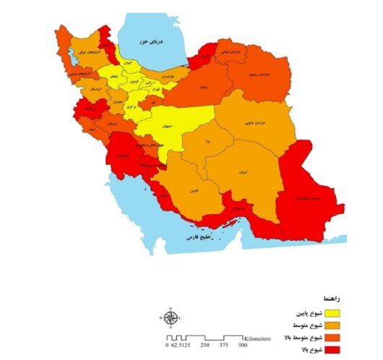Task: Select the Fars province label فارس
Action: pyautogui.click(x=193, y=190)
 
